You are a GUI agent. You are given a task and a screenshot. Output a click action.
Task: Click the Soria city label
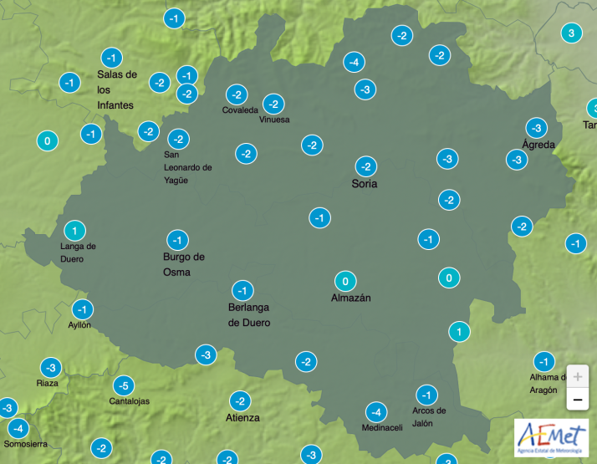pos(365,184)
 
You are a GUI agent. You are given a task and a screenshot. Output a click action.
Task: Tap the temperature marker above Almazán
pos(344,281)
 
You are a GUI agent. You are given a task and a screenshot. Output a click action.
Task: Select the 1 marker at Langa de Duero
pos(74,231)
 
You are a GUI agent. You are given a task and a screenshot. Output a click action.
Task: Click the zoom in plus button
pos(577,376)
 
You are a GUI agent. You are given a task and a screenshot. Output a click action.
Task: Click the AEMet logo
pos(550,438)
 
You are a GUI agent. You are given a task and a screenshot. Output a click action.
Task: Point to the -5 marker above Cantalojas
pos(123,385)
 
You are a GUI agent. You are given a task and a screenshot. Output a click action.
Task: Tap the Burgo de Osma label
pos(183,264)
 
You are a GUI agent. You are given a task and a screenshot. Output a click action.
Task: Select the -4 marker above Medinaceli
pos(376,411)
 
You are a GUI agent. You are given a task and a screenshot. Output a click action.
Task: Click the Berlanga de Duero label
pos(249,315)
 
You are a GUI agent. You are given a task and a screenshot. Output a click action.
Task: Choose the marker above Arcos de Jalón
pos(427,395)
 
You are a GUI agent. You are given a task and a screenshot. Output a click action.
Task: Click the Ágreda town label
pos(538,145)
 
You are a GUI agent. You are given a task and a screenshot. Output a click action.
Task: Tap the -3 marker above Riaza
pos(51,368)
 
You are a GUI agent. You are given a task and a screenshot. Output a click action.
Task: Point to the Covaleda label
pos(240,110)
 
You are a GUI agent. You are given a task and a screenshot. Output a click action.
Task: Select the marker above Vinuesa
pos(273,105)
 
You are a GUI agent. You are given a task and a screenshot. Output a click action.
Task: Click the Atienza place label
pos(242,417)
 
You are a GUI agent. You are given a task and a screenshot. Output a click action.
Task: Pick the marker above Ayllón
pos(81,308)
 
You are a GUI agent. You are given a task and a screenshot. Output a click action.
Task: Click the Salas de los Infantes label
pos(116,89)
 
